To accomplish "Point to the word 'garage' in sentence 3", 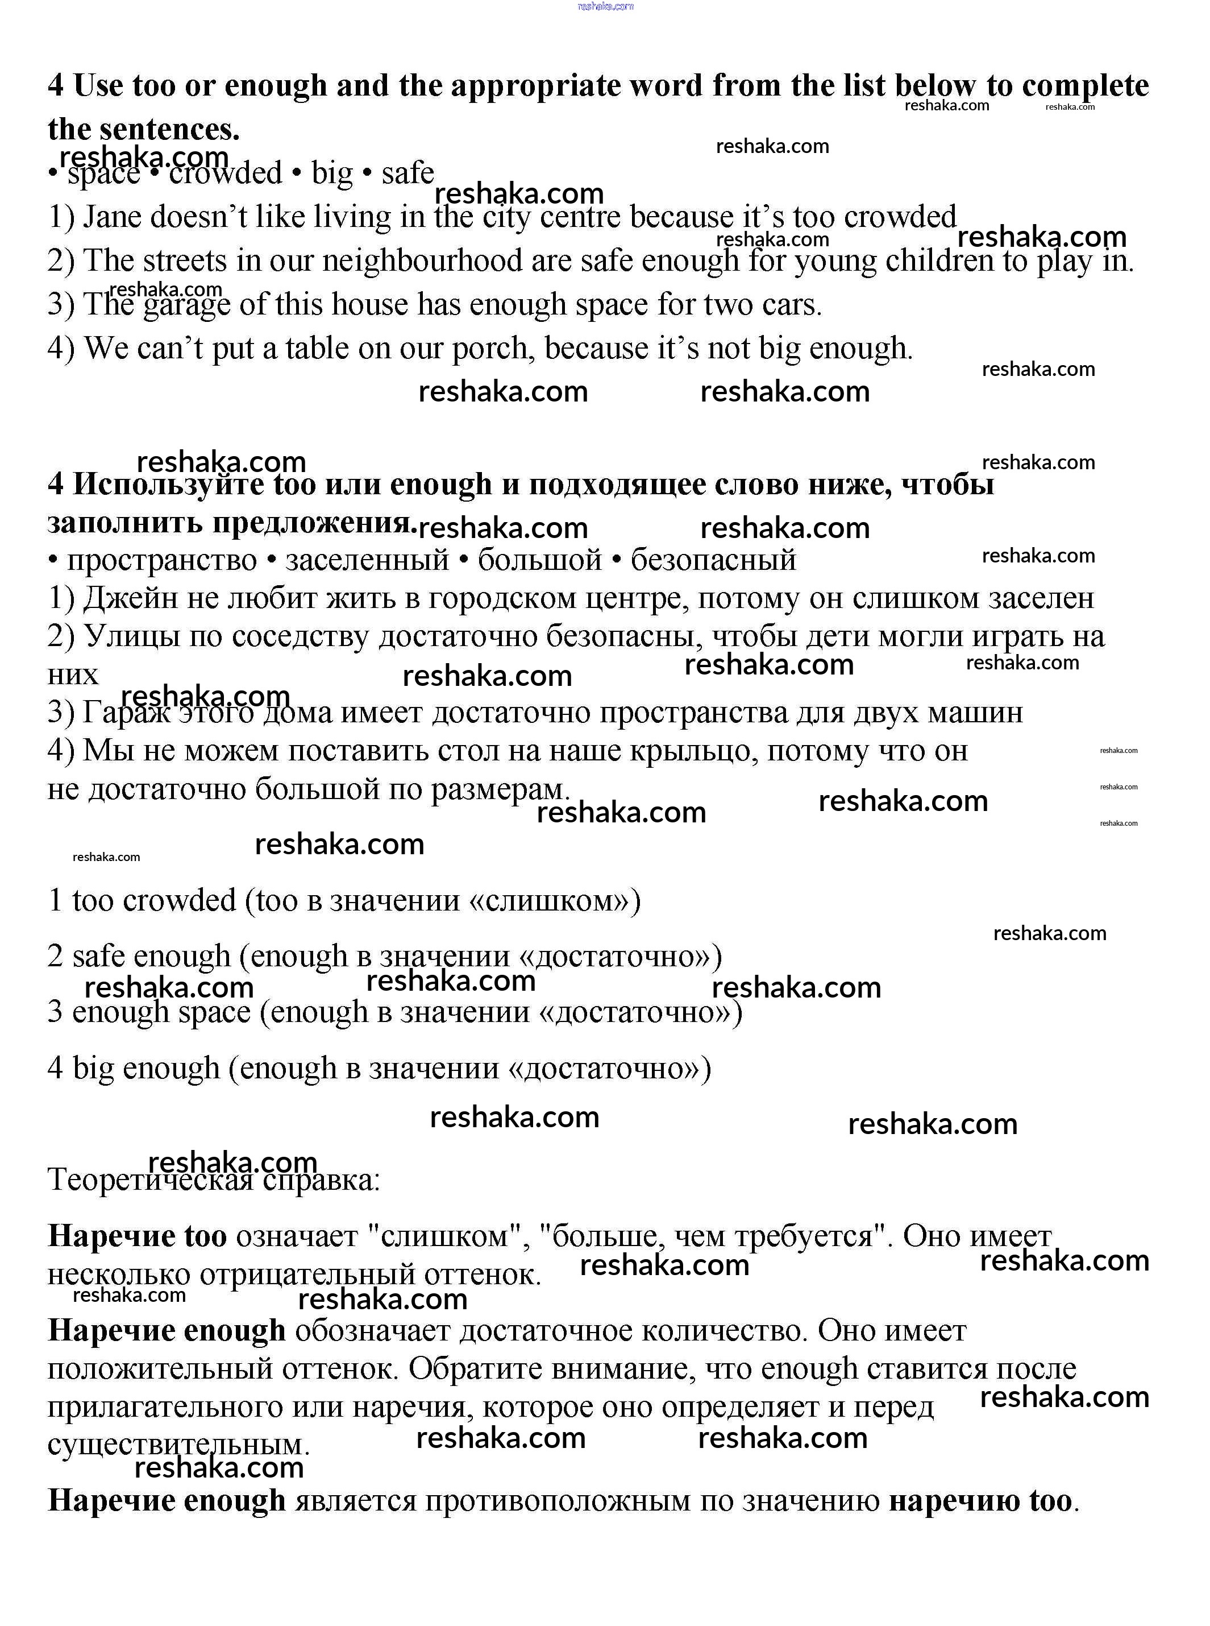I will click(187, 305).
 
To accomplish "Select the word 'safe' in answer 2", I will click(99, 956).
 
